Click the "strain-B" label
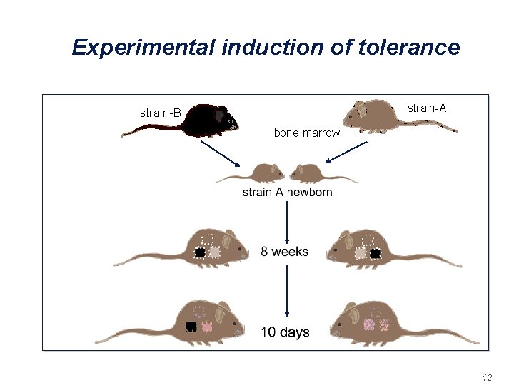[x=161, y=113]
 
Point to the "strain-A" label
[x=427, y=108]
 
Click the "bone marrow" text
[x=307, y=133]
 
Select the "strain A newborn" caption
[x=287, y=192]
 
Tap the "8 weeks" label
[x=285, y=251]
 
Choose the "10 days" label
[x=285, y=332]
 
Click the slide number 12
[x=488, y=376]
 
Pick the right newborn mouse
[x=308, y=173]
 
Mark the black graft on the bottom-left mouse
[x=191, y=327]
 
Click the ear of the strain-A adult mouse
[x=360, y=108]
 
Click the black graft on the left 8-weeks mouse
[x=200, y=252]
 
